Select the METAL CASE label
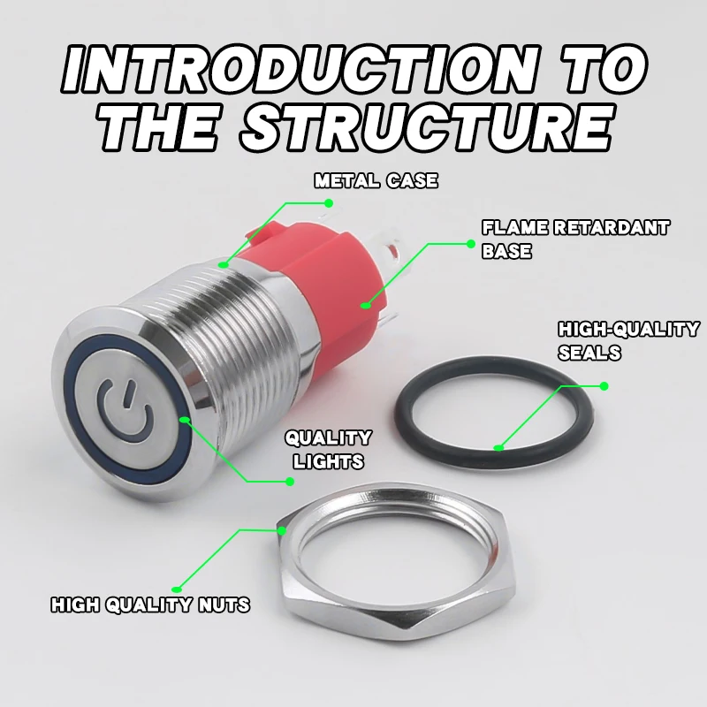click(x=376, y=181)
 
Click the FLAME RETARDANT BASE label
click(x=574, y=239)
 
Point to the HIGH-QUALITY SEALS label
click(x=627, y=340)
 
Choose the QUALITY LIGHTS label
click(x=326, y=449)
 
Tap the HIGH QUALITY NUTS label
click(x=150, y=605)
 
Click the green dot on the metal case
click(x=224, y=263)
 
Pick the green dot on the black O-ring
click(x=499, y=447)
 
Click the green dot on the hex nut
click(x=282, y=530)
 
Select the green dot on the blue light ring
click(x=185, y=421)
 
